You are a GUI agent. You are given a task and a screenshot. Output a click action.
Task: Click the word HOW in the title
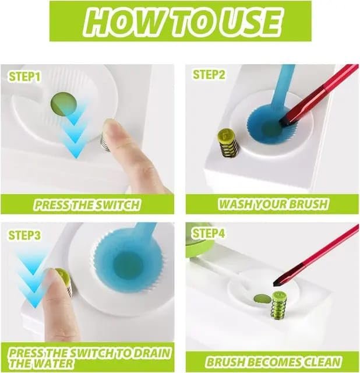[116, 22]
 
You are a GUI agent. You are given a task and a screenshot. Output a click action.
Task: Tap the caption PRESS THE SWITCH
[87, 205]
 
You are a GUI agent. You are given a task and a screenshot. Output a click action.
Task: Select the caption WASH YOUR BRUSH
[273, 205]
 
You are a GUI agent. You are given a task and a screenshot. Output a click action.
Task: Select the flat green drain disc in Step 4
[262, 299]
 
